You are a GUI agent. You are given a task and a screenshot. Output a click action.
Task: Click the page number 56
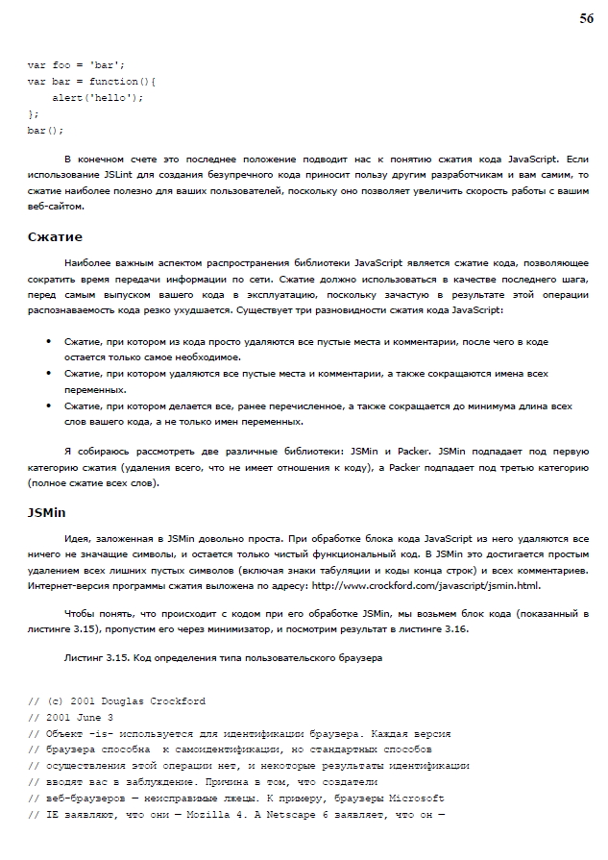586,18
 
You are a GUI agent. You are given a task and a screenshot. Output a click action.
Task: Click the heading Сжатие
56,236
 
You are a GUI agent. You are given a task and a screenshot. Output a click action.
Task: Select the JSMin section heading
49,512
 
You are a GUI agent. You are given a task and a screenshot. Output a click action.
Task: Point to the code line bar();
46,130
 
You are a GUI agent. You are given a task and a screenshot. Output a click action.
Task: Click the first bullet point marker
49,342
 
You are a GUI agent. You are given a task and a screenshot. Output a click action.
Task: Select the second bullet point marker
49,374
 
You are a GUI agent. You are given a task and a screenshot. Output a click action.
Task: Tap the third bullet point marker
49,405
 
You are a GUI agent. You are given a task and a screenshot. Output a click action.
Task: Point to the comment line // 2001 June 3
71,717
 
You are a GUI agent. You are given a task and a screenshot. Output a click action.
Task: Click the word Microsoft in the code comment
415,799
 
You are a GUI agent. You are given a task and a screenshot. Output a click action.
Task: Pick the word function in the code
113,82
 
